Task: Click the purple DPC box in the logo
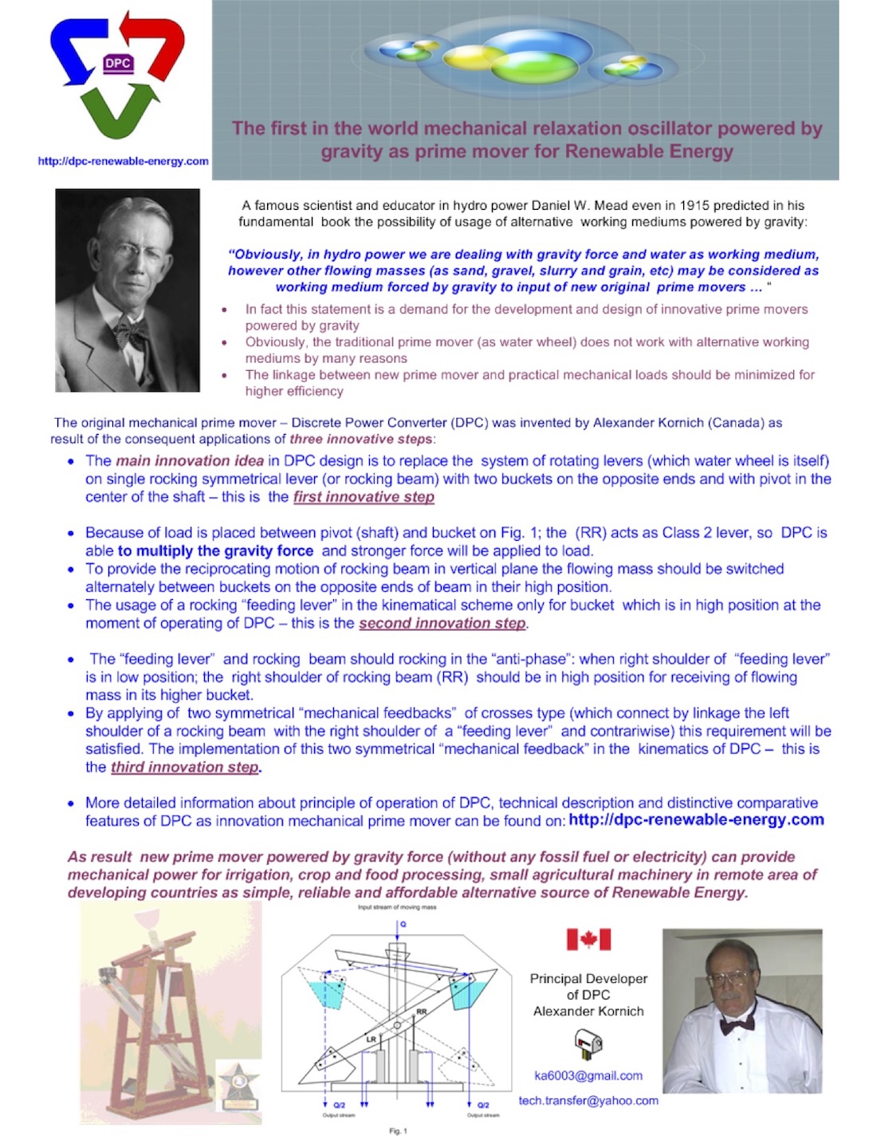118,64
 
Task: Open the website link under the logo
124,161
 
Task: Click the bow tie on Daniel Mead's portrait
132,330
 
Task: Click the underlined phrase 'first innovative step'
364,497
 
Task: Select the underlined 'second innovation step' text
442,623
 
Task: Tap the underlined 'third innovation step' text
185,767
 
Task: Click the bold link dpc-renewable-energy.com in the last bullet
696,820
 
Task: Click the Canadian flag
588,939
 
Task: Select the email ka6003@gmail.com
588,1075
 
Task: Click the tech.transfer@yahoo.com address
588,1101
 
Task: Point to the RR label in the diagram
422,1012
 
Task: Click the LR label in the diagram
371,1039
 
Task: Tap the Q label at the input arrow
403,924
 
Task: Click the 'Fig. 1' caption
398,1130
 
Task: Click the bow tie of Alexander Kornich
737,1024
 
